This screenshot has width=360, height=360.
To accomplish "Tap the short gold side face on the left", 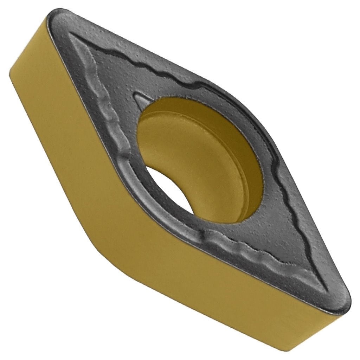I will point(53,105).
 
